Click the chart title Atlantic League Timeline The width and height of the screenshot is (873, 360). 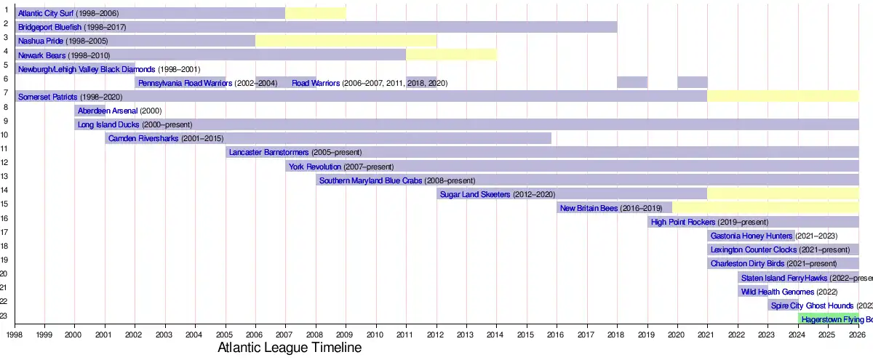[x=290, y=348]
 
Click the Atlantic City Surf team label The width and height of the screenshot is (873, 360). [x=46, y=13]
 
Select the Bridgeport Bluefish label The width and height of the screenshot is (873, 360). [x=50, y=27]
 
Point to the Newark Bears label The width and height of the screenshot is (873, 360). [x=41, y=55]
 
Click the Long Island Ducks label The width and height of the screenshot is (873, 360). [x=108, y=124]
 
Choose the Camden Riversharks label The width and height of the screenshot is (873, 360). [x=143, y=138]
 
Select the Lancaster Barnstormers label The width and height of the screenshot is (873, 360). [x=268, y=152]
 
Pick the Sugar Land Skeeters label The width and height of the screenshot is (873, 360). [x=475, y=194]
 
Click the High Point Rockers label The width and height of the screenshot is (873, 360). [x=683, y=222]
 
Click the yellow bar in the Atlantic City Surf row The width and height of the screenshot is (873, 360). [x=316, y=12]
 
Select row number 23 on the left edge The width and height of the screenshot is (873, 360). [x=4, y=316]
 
